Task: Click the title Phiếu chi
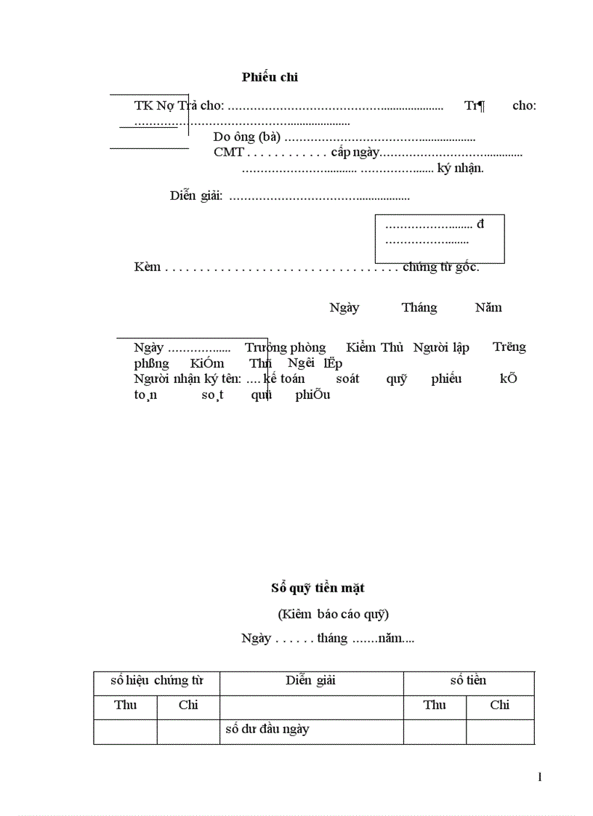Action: [x=270, y=77]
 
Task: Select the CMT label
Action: [x=228, y=152]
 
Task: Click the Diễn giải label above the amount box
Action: [x=196, y=195]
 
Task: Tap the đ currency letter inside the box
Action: [x=480, y=223]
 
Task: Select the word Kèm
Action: [x=148, y=267]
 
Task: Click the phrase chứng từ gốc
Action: [x=440, y=267]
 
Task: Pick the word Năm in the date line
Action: [x=488, y=307]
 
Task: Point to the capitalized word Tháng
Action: [x=419, y=307]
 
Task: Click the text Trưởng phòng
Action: [x=285, y=347]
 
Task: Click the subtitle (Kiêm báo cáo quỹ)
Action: [x=333, y=614]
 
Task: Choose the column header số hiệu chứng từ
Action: [x=156, y=681]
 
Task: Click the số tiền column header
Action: [x=468, y=681]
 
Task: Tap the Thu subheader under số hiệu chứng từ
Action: [x=125, y=705]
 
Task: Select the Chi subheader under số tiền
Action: [x=500, y=705]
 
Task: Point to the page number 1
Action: [x=540, y=777]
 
